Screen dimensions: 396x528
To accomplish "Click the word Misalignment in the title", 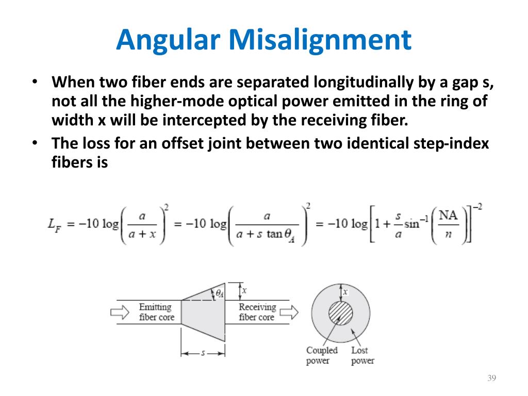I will pos(319,41).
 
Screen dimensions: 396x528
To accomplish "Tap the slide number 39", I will pos(491,379).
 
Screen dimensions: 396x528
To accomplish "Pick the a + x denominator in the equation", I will pos(141,235).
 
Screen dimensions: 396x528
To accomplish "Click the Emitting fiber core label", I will pos(156,312).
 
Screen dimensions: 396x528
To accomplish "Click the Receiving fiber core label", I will pos(257,312).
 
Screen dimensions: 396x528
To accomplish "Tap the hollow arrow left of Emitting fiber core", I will pos(120,312).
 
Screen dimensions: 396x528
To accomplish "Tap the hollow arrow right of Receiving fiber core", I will pos(290,312).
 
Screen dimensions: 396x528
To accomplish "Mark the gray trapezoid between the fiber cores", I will pos(203,315).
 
